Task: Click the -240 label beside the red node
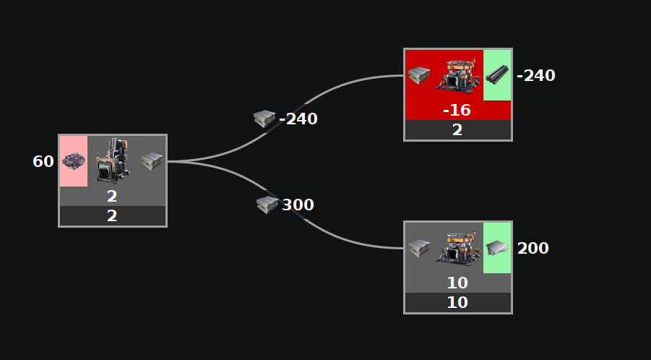click(535, 75)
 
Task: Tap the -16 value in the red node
click(457, 110)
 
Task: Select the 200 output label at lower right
click(533, 248)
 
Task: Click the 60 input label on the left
click(43, 161)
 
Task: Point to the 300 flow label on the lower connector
click(298, 205)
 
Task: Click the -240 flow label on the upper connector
click(298, 119)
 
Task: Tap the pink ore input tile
click(74, 161)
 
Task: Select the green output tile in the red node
click(497, 74)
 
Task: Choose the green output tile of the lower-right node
click(497, 248)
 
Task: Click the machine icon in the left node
click(112, 160)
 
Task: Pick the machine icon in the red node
click(457, 74)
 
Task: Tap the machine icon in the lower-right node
click(457, 248)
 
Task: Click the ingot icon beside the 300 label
click(267, 205)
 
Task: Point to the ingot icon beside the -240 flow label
click(264, 119)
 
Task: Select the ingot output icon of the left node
click(152, 161)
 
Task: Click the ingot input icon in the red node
click(418, 74)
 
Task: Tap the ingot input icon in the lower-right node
click(418, 248)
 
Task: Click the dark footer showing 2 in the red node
click(457, 130)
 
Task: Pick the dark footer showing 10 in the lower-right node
click(457, 303)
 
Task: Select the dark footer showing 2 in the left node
click(112, 216)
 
